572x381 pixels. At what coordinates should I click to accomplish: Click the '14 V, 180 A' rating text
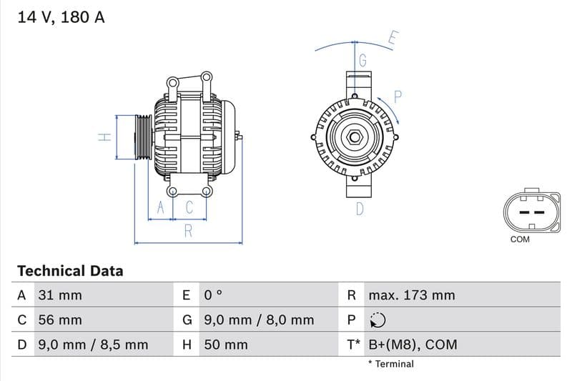tap(61, 18)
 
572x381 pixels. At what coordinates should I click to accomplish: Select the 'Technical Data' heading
tap(70, 271)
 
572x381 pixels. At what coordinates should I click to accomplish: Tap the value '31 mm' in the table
tap(59, 295)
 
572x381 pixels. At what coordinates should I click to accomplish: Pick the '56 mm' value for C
tap(59, 320)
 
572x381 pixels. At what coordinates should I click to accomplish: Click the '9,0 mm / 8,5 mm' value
tap(92, 345)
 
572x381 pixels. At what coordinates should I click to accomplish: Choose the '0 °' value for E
tap(214, 295)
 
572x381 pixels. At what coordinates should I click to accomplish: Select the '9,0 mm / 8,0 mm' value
tap(259, 320)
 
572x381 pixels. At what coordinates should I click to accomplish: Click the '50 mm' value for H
tap(226, 345)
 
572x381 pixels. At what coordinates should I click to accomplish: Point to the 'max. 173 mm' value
tap(411, 295)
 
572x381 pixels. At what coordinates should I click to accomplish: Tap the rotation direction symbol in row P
tap(378, 320)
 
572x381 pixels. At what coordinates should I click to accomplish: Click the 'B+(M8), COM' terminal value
tap(413, 345)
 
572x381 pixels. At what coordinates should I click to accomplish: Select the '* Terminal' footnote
tap(390, 364)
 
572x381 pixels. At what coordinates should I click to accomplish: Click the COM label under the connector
tap(520, 239)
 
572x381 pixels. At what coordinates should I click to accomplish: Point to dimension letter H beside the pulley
tap(104, 137)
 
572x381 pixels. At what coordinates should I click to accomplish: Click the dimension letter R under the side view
tap(188, 230)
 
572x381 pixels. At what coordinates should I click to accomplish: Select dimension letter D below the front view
tap(360, 209)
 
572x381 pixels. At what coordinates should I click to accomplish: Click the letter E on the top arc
tap(393, 38)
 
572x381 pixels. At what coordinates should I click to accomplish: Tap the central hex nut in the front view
tap(355, 137)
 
